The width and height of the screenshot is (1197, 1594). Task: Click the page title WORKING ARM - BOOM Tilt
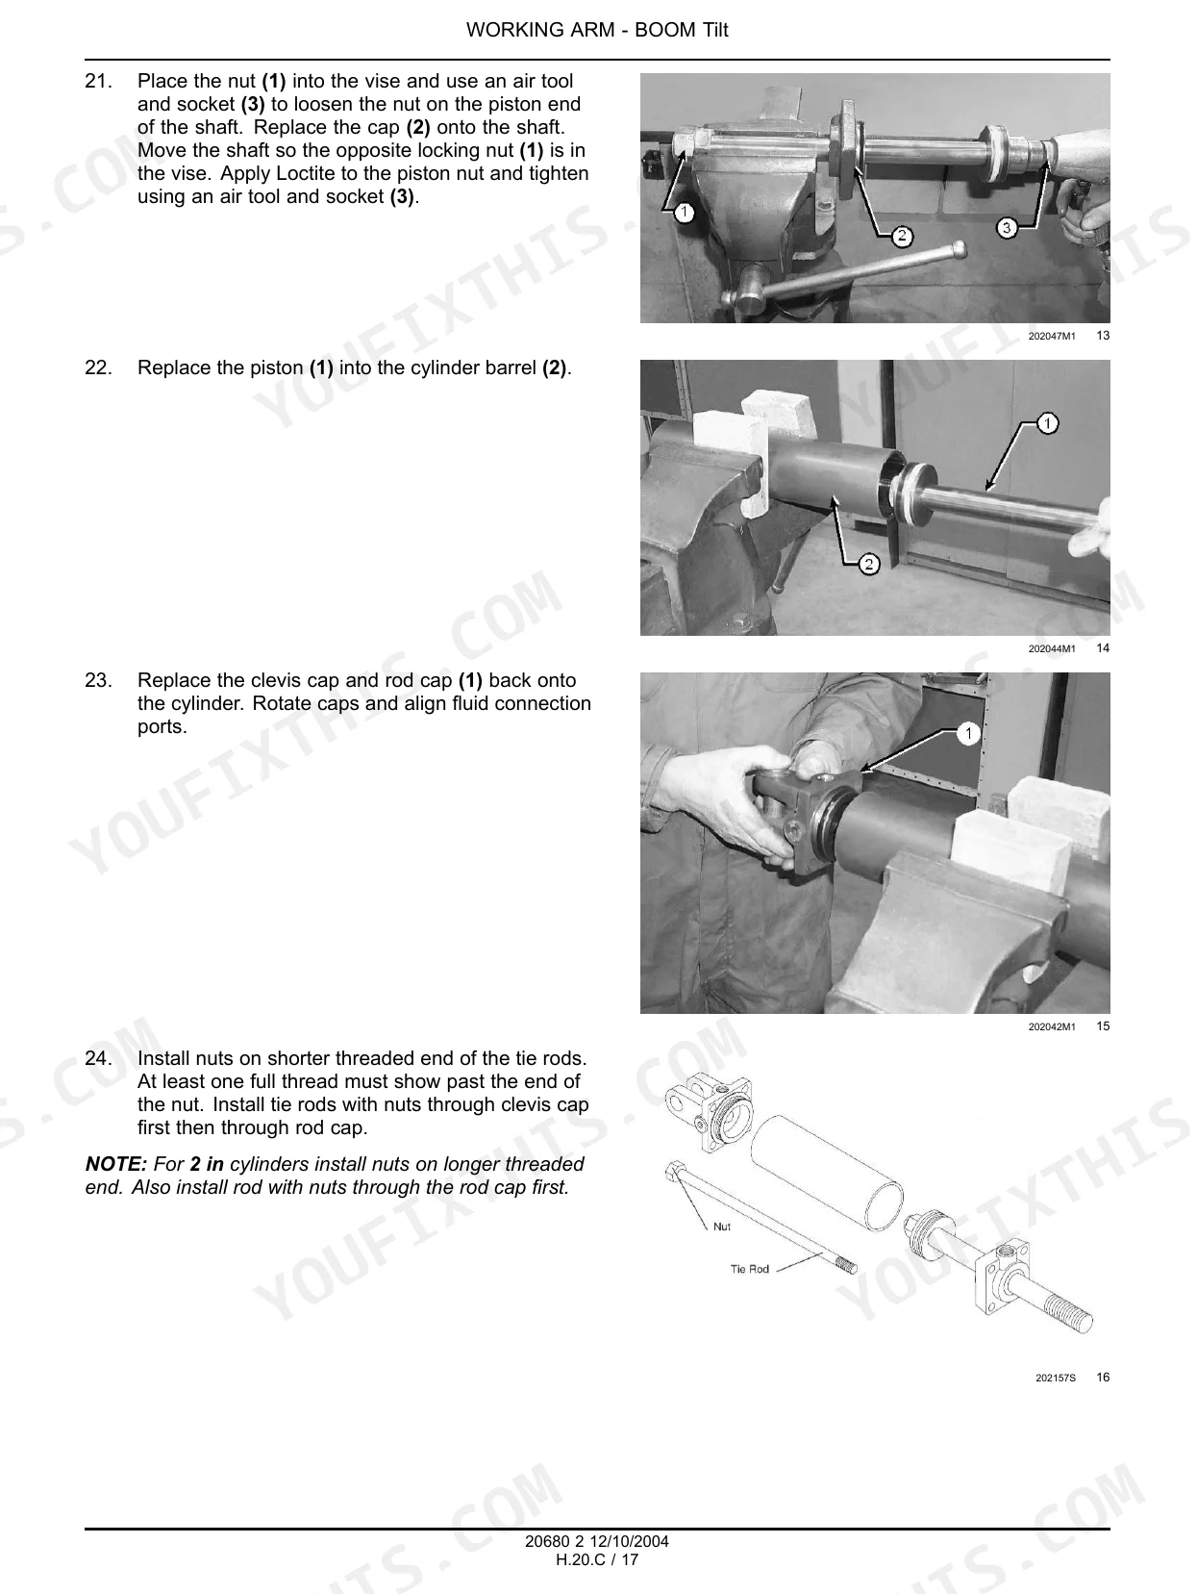tap(597, 30)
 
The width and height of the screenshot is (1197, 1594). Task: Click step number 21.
tap(99, 81)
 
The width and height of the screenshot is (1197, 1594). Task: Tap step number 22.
tap(99, 367)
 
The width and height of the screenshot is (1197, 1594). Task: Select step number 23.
tap(99, 680)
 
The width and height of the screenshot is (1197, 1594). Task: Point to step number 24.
tap(99, 1058)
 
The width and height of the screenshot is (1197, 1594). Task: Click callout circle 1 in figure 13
tap(685, 213)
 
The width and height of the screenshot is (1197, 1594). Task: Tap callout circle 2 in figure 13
tap(902, 236)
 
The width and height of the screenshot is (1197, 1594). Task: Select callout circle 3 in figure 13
tap(1007, 228)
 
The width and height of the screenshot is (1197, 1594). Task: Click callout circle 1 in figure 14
tap(1047, 423)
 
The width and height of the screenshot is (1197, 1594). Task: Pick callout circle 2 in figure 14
tap(868, 565)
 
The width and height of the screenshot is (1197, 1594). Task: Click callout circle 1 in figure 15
tap(968, 733)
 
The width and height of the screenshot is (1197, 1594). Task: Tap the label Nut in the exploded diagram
tap(722, 1227)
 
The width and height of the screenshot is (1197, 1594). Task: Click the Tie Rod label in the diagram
tap(749, 1269)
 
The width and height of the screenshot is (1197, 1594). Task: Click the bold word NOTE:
tap(116, 1164)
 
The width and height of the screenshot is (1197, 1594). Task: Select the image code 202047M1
tap(1052, 337)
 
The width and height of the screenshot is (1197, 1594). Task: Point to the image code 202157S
tap(1056, 1378)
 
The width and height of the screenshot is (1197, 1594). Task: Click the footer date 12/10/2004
tap(629, 1541)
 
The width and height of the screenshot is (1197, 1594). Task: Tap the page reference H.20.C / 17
tap(597, 1559)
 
